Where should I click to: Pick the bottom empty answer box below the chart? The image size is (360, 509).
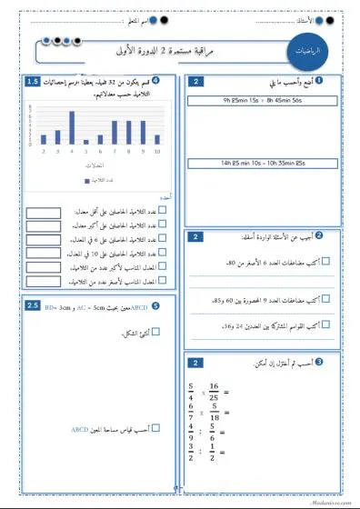(x=43, y=282)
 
